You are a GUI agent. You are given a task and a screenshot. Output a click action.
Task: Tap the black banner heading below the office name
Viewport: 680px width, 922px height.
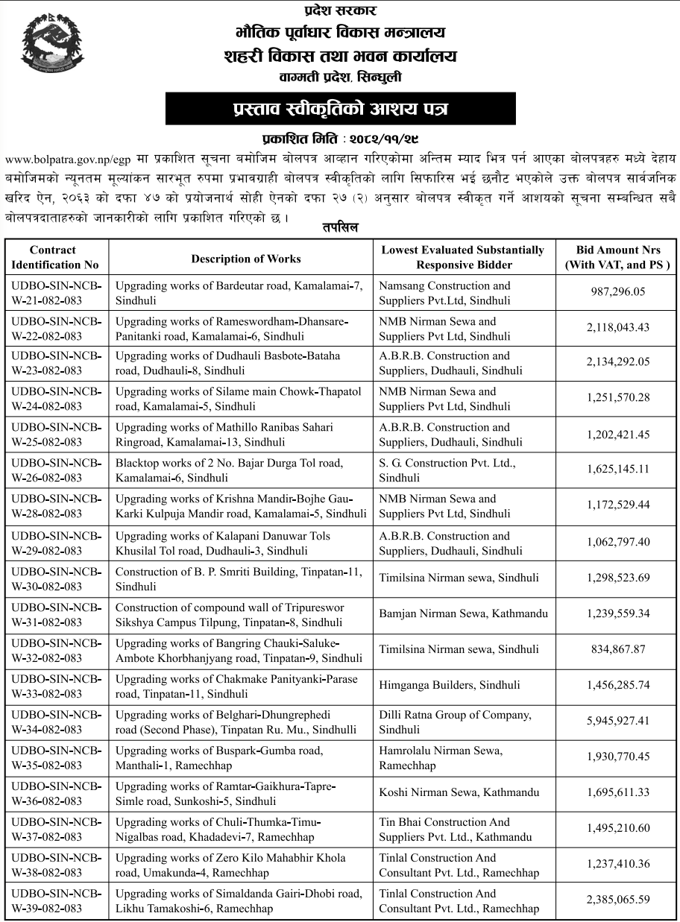(340, 109)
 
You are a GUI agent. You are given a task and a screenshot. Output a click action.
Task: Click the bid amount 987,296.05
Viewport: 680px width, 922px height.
(617, 293)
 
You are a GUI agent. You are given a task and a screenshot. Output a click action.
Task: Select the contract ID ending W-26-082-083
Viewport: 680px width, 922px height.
(57, 470)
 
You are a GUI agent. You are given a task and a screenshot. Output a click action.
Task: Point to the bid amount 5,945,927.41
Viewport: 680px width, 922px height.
(617, 721)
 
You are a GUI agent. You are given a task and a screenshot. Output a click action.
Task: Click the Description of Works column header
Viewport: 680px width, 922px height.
(246, 259)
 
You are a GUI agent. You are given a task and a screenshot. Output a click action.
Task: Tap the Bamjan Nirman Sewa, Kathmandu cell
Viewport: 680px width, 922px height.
(463, 613)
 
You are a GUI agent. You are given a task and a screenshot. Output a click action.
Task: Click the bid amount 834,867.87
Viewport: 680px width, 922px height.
(617, 649)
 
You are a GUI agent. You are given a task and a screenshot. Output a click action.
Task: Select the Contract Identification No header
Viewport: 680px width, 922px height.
(55, 257)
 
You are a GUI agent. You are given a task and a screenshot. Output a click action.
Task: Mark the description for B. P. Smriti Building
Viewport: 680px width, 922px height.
(238, 579)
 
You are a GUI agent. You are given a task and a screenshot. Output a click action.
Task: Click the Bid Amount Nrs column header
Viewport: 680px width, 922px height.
(618, 257)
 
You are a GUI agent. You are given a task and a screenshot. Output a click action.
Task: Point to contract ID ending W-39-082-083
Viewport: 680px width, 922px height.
(57, 901)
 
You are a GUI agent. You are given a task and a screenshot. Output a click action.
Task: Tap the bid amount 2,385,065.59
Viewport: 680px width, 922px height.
(617, 900)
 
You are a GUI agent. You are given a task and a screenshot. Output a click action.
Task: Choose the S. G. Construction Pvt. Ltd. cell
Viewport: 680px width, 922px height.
(447, 470)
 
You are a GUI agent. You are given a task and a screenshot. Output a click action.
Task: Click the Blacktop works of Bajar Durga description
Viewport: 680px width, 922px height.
(229, 470)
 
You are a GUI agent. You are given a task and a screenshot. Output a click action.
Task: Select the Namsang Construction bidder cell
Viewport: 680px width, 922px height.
(444, 293)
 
